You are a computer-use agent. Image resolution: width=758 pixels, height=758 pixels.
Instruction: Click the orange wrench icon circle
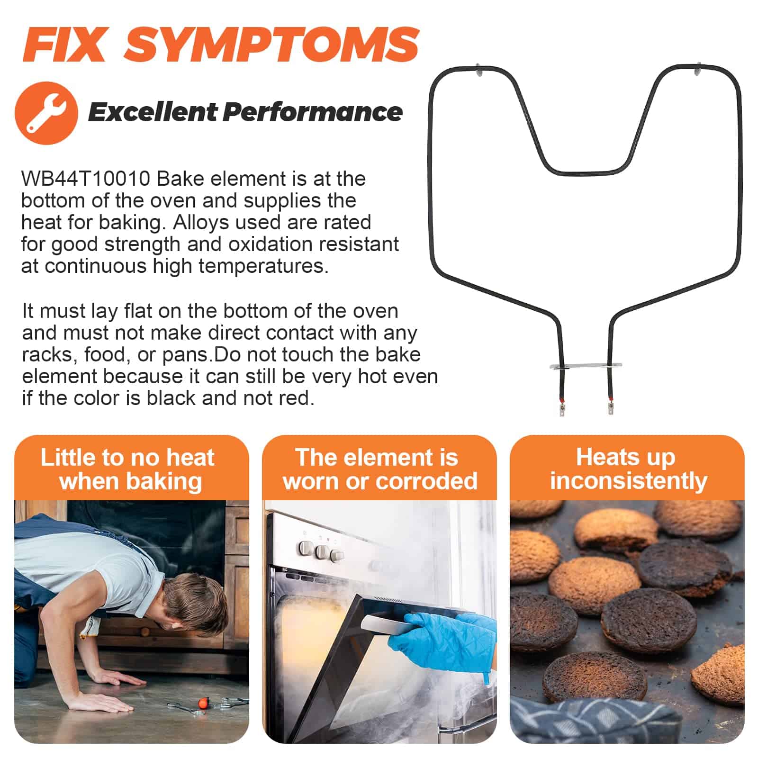point(46,113)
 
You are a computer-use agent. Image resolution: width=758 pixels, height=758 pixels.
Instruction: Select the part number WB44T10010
point(86,179)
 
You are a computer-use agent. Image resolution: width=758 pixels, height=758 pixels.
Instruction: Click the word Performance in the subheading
point(312,113)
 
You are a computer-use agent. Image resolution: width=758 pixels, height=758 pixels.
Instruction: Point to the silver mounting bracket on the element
point(586,366)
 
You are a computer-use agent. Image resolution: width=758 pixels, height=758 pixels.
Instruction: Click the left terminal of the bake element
point(562,408)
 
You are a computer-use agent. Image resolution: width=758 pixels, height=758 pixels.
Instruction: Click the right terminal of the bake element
point(611,406)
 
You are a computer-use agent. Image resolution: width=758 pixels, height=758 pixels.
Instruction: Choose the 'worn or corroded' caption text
point(380,481)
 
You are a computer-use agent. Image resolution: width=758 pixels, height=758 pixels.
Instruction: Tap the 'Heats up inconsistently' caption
point(628,469)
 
